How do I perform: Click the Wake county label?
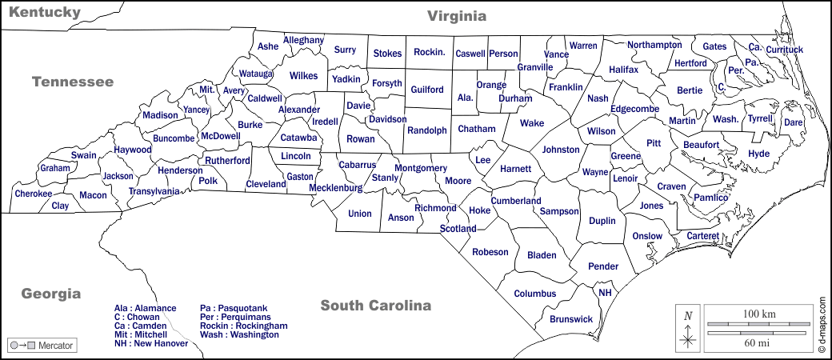pyautogui.click(x=532, y=123)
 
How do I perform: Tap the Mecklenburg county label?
pyautogui.click(x=336, y=189)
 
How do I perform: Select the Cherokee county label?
pyautogui.click(x=33, y=194)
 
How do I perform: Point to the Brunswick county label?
pyautogui.click(x=571, y=319)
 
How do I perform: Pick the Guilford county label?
pyautogui.click(x=426, y=90)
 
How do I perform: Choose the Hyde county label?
pyautogui.click(x=758, y=154)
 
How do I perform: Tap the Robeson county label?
pyautogui.click(x=490, y=252)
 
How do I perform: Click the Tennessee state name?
pyautogui.click(x=73, y=82)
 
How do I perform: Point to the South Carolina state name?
pyautogui.click(x=376, y=305)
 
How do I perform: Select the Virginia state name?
pyautogui.click(x=457, y=16)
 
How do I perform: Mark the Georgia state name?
pyautogui.click(x=51, y=293)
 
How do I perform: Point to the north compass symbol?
pyautogui.click(x=687, y=327)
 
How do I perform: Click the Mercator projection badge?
pyautogui.click(x=41, y=346)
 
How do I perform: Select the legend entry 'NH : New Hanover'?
pyautogui.click(x=151, y=343)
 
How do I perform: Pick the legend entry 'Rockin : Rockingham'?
pyautogui.click(x=243, y=326)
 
